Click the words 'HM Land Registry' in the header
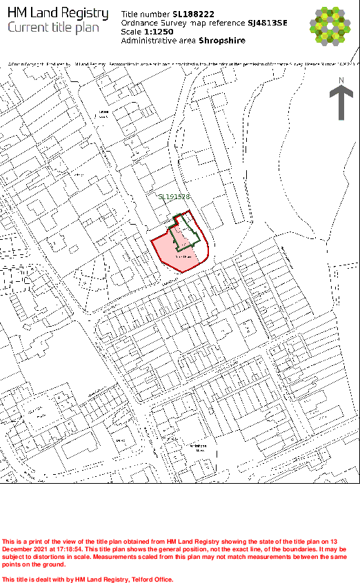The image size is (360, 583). [x=57, y=13]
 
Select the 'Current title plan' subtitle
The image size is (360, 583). [x=53, y=28]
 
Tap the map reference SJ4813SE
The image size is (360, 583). [x=268, y=23]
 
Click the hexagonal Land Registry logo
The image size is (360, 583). [x=334, y=25]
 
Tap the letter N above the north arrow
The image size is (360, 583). [x=341, y=81]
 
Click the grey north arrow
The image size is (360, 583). [x=341, y=103]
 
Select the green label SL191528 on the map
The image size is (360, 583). [x=174, y=197]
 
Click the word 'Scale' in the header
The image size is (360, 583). [x=131, y=32]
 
